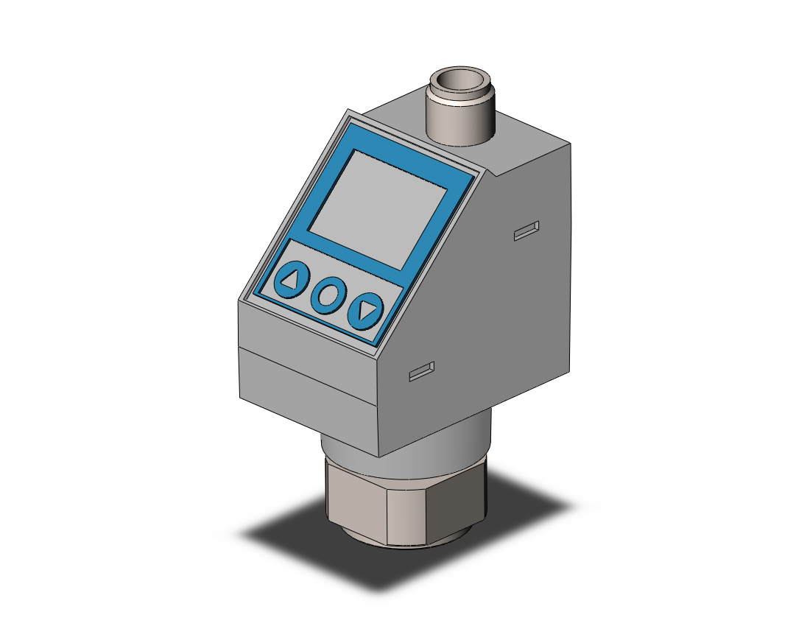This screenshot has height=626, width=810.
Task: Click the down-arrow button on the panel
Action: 366,311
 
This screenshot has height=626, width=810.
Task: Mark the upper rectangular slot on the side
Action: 526,231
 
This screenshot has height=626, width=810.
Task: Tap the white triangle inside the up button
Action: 291,280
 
